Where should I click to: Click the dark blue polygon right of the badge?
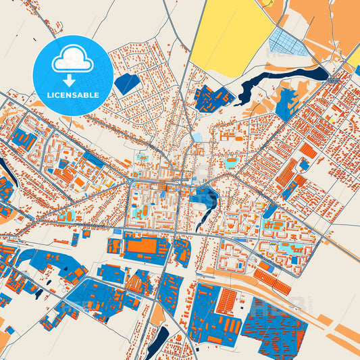tap(127, 84)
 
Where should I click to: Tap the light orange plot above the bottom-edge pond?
tap(157, 315)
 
